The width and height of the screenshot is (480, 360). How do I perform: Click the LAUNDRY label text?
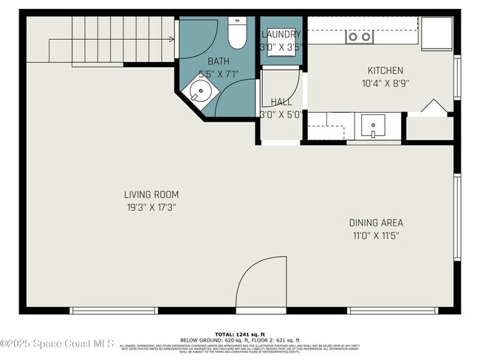pyautogui.click(x=281, y=35)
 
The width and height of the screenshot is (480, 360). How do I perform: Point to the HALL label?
pyautogui.click(x=281, y=102)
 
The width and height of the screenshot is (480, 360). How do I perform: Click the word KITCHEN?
pyautogui.click(x=385, y=71)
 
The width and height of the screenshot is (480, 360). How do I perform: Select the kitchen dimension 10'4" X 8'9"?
pyautogui.click(x=385, y=83)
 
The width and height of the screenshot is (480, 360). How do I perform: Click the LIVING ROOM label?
pyautogui.click(x=151, y=195)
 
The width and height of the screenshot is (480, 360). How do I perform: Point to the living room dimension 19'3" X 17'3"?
pyautogui.click(x=151, y=207)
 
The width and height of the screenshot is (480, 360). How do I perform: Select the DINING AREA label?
pyautogui.click(x=376, y=223)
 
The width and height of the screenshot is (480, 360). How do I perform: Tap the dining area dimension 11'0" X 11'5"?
pyautogui.click(x=376, y=235)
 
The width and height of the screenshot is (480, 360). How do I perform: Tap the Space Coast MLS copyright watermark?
pyautogui.click(x=57, y=343)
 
